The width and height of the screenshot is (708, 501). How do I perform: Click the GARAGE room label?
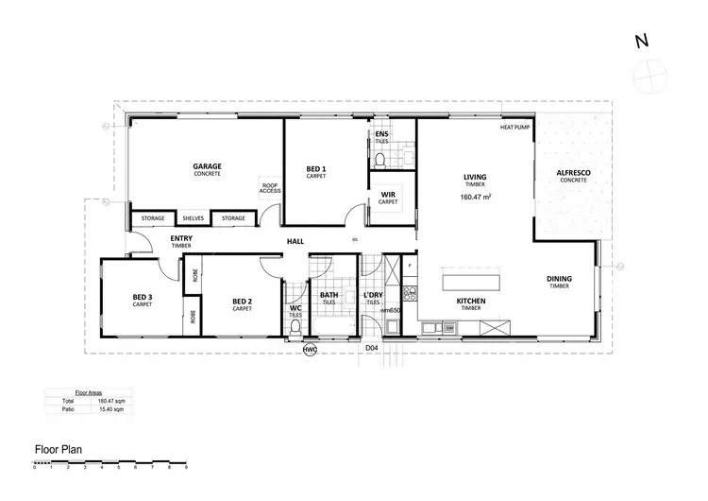click(x=207, y=166)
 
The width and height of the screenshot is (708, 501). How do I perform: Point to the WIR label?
click(x=388, y=196)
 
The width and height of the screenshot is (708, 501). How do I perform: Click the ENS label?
click(x=381, y=135)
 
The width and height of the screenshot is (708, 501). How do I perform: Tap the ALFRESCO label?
click(x=573, y=172)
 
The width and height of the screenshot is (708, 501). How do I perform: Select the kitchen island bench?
click(x=473, y=282)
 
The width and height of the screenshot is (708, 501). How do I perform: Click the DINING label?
click(x=559, y=281)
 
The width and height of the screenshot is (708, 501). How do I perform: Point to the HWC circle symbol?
click(x=310, y=350)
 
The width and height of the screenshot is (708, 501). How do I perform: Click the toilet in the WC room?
click(x=295, y=327)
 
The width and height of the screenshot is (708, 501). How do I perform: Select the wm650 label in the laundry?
click(x=390, y=310)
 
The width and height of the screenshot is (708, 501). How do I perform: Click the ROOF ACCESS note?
click(x=270, y=187)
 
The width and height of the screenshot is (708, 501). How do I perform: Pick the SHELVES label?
click(x=194, y=218)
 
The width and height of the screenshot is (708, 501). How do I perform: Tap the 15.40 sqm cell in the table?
click(x=111, y=410)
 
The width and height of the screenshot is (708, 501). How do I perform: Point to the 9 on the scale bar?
click(x=186, y=468)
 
